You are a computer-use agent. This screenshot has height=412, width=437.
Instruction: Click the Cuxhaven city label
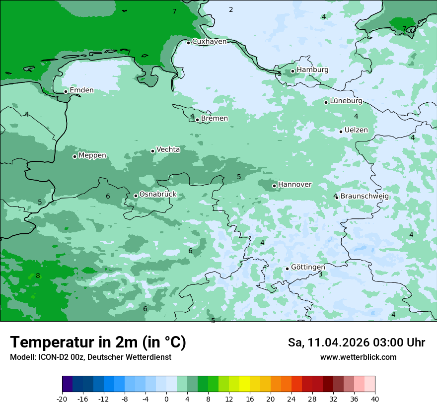click(209, 42)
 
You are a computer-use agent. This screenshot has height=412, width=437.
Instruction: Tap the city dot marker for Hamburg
click(293, 71)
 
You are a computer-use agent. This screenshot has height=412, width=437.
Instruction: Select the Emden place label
click(81, 90)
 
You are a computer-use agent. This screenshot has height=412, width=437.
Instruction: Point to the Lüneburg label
click(346, 101)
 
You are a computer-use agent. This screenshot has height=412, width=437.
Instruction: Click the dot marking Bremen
click(197, 120)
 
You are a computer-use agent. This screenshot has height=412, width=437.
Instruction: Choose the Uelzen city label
click(356, 131)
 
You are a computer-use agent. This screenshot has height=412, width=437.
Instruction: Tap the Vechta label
click(168, 149)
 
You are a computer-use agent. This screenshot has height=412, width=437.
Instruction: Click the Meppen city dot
click(74, 156)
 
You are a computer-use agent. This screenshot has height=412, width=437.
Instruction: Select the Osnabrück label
click(158, 195)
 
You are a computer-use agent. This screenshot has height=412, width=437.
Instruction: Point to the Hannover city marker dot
click(274, 186)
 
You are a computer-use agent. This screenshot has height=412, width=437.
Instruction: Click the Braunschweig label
click(364, 197)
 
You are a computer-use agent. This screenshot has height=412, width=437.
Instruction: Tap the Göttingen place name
click(308, 268)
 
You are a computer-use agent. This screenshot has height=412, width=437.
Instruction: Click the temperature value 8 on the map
click(38, 276)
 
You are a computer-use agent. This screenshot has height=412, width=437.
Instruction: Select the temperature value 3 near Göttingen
click(320, 275)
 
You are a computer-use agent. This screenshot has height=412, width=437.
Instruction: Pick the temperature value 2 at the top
click(231, 10)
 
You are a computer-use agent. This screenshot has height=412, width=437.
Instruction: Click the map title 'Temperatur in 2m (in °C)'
click(98, 343)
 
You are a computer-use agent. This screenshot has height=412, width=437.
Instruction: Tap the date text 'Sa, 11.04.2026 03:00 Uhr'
click(356, 343)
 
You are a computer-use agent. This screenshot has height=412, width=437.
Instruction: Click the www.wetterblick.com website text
click(358, 357)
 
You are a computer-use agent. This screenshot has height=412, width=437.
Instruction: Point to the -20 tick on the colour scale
click(62, 399)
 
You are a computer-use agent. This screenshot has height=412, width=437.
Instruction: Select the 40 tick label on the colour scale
click(375, 399)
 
